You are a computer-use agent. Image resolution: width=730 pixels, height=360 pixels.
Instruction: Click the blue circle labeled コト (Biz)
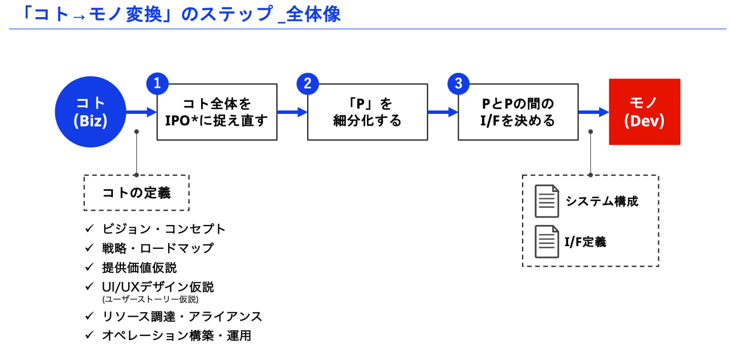pyautogui.click(x=91, y=112)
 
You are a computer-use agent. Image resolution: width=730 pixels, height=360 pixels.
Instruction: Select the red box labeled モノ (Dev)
pyautogui.click(x=645, y=112)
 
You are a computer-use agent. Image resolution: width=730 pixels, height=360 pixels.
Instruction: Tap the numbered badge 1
pyautogui.click(x=157, y=84)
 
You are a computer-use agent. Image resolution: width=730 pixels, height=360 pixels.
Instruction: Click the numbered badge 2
pyautogui.click(x=308, y=84)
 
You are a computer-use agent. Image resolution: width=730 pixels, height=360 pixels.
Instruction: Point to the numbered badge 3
pyautogui.click(x=458, y=84)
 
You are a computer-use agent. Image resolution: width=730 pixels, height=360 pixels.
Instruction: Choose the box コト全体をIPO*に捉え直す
pyautogui.click(x=217, y=112)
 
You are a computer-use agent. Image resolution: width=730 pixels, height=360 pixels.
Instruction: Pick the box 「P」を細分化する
pyautogui.click(x=368, y=112)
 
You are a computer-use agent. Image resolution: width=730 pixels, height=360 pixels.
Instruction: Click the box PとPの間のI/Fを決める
pyautogui.click(x=518, y=112)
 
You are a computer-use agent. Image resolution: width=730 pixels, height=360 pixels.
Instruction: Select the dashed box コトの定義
pyautogui.click(x=136, y=193)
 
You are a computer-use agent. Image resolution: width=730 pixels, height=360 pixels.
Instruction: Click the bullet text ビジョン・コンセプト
pyautogui.click(x=164, y=229)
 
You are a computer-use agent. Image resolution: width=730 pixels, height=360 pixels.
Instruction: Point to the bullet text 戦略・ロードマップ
pyautogui.click(x=158, y=248)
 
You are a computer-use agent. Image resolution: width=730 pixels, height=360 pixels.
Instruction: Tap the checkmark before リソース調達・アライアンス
pyautogui.click(x=89, y=316)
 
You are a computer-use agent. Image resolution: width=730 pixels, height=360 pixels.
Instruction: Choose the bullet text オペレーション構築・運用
pyautogui.click(x=177, y=336)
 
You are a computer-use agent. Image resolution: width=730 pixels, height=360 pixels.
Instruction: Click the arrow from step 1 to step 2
pyautogui.click(x=292, y=112)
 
